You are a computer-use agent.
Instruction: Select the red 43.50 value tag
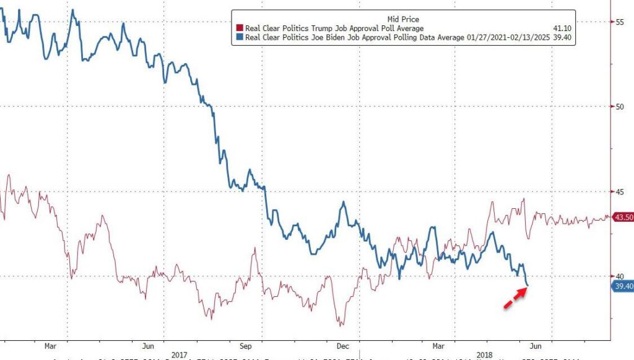point(622,217)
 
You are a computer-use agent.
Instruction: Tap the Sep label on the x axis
point(245,346)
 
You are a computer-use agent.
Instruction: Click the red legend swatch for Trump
point(240,29)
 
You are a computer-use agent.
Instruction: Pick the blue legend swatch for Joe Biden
point(240,37)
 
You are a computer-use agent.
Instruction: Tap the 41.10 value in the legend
point(559,29)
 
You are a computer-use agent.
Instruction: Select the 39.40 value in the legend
point(559,37)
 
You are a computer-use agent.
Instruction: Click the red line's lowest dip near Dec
point(340,325)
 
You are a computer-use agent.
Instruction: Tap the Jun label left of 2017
point(148,346)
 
